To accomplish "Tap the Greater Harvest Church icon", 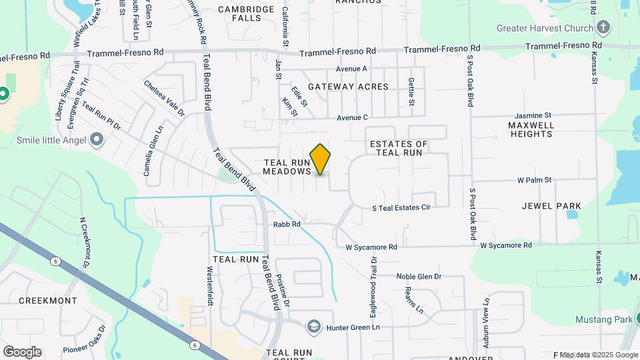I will tap(603, 28).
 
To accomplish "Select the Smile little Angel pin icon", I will tap(97, 140).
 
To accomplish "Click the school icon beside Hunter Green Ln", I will tap(313, 327).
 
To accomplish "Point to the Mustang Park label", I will tap(603, 319).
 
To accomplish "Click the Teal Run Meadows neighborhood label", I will tap(287, 167).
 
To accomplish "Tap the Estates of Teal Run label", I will tap(398, 148).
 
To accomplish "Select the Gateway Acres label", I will tap(347, 87).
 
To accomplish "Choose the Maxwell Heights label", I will tap(531, 129).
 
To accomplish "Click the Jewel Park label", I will tap(551, 206).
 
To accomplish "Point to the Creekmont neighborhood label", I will tap(48, 301).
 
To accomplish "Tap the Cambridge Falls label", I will tap(246, 13).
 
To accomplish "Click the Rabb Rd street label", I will tap(287, 224).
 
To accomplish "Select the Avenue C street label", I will tap(352, 118).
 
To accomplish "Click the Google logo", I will tap(22, 352).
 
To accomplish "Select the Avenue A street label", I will tap(351, 69).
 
